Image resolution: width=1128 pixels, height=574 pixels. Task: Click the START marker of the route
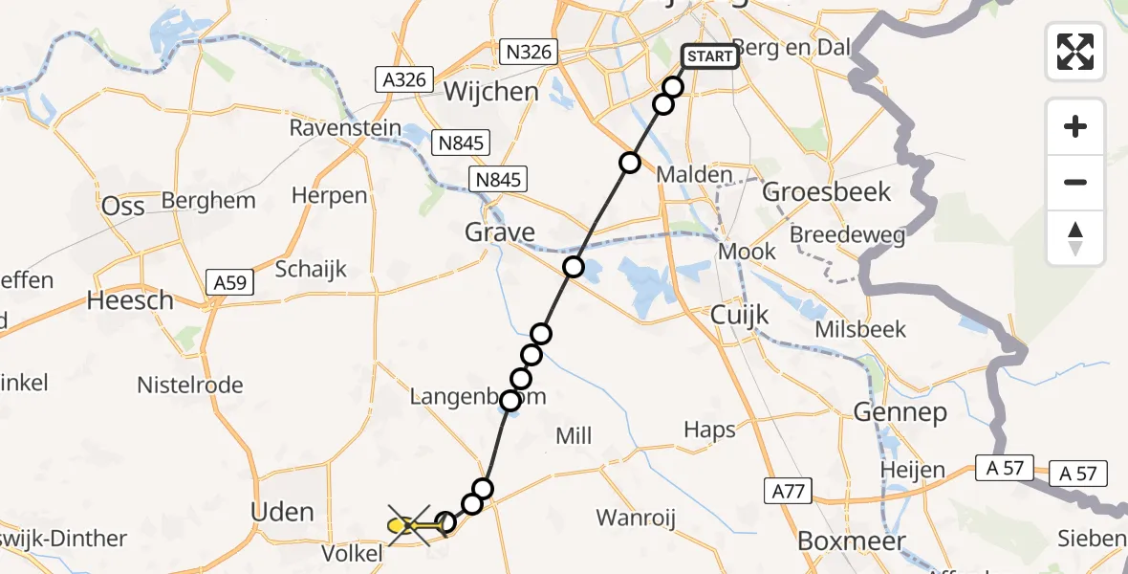pos(709,56)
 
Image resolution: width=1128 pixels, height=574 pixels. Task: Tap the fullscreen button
pos(1075,51)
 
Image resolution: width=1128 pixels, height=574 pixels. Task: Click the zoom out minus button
pos(1075,182)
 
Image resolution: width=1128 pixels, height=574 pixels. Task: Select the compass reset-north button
pos(1075,238)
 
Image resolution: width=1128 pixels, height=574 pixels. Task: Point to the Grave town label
pos(499,232)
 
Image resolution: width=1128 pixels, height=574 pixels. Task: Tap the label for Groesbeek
pos(827,191)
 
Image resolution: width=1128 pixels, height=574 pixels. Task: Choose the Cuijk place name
pos(740,315)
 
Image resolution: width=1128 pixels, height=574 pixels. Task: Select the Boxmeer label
pos(851,541)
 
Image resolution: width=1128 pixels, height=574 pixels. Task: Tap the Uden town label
pos(282,512)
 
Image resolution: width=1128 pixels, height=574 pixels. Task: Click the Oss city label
pos(123,207)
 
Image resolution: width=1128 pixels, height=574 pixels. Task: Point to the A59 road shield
pos(229,281)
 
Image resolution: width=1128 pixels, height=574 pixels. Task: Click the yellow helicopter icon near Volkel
pos(401,525)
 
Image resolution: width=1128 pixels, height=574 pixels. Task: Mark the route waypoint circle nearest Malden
pos(629,163)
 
